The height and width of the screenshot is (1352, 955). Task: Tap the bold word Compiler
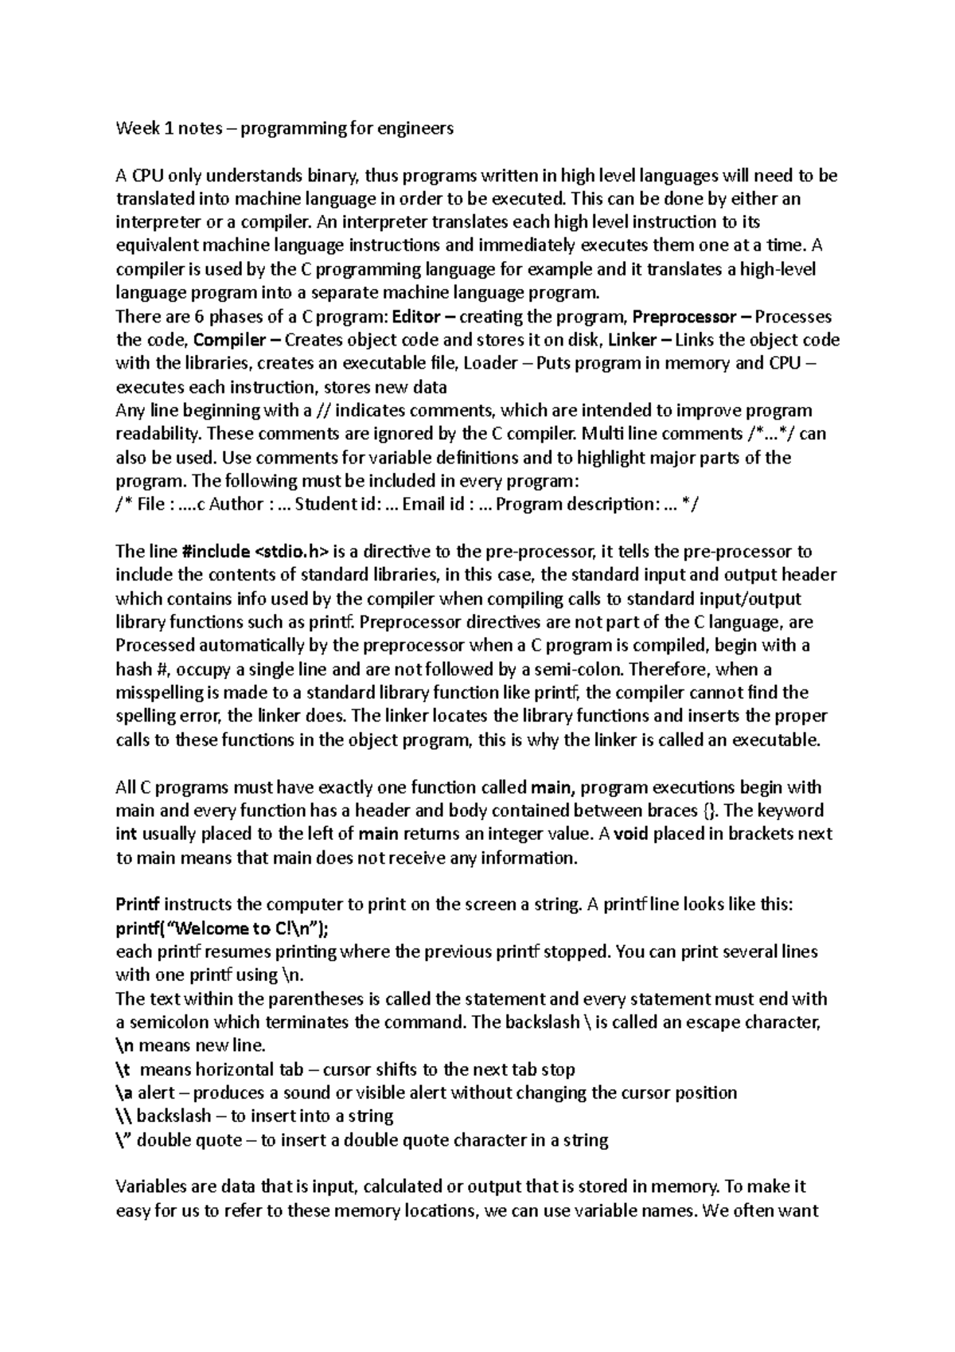(230, 341)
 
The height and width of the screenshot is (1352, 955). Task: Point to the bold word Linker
(632, 341)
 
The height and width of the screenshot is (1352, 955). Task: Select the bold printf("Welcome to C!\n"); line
(222, 928)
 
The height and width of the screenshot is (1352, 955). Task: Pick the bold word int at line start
(127, 834)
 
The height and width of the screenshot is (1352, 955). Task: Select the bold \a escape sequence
(124, 1092)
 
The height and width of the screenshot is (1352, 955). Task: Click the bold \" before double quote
(125, 1140)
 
